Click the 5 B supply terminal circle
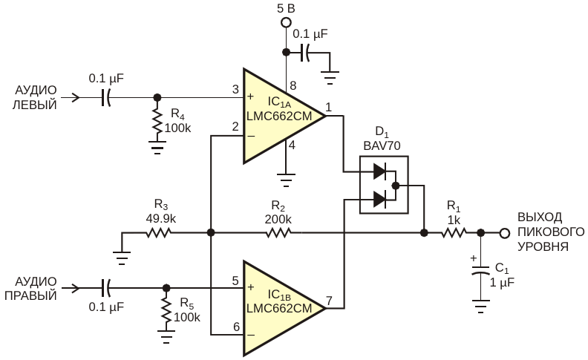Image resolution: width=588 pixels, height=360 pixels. (286, 22)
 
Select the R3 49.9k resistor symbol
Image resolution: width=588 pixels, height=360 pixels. (158, 233)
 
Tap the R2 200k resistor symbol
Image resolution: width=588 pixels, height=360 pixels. (278, 233)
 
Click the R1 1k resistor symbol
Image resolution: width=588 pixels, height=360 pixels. (454, 233)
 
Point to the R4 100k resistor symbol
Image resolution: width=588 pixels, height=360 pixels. (157, 121)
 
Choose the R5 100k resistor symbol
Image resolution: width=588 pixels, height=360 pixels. (166, 312)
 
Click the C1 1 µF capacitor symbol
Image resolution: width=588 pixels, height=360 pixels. (480, 270)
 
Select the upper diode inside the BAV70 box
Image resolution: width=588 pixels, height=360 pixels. (379, 171)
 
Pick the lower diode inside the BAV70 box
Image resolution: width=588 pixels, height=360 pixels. (379, 199)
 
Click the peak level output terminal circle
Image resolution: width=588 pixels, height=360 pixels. (505, 233)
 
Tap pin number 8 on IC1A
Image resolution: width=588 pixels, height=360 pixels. (293, 85)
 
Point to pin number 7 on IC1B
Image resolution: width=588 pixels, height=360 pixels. (329, 301)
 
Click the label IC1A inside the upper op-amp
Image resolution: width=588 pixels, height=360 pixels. (279, 102)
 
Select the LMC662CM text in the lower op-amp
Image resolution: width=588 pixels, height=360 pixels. (279, 308)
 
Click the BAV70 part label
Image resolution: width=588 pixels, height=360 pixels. (382, 146)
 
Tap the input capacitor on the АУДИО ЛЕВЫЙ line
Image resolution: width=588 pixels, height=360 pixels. (106, 97)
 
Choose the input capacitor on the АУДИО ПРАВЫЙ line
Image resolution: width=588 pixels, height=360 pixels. (106, 288)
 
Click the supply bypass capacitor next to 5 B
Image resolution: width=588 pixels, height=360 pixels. (305, 52)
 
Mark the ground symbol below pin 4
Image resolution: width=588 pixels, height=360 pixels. (286, 180)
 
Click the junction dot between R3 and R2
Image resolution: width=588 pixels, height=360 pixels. (211, 233)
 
